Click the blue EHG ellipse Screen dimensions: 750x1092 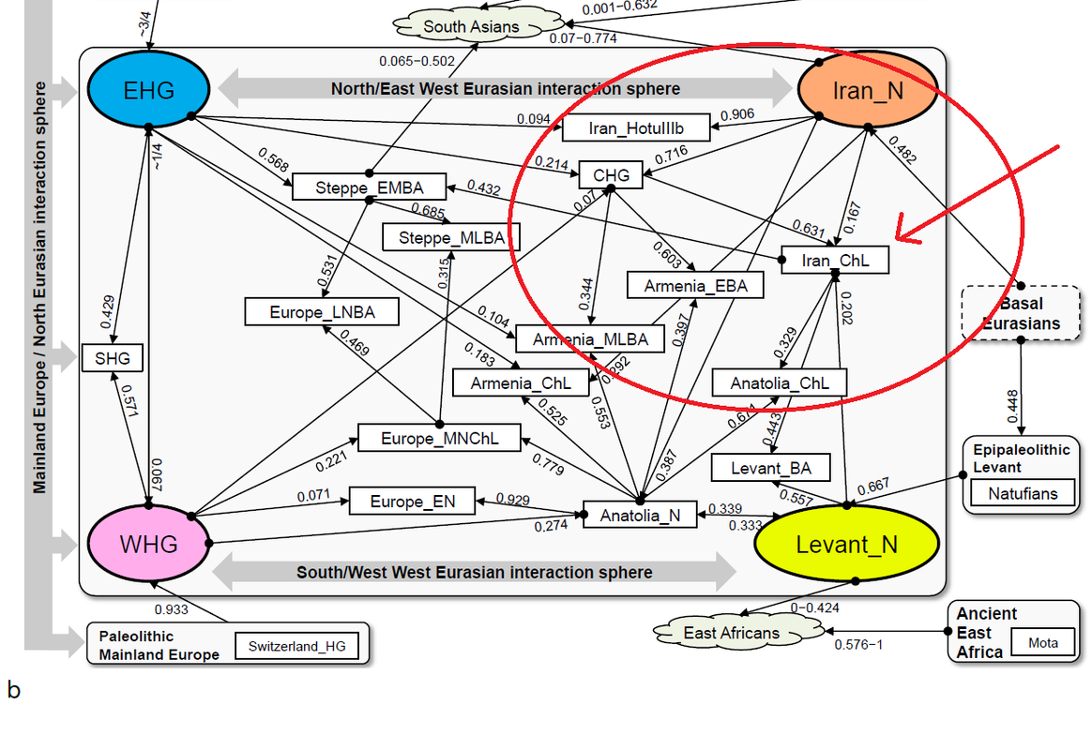tap(148, 90)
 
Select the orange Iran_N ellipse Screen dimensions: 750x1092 tap(868, 91)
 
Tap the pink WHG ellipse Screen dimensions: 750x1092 tap(148, 543)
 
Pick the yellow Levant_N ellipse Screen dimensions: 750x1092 tap(846, 545)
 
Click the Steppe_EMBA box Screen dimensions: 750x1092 tap(369, 187)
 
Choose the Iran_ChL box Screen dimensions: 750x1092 tap(834, 261)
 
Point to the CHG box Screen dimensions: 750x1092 tap(611, 174)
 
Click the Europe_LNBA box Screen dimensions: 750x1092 tap(322, 311)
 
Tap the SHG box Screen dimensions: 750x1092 tap(113, 357)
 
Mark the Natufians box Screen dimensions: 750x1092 tap(1022, 493)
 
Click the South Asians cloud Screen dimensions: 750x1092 tap(471, 26)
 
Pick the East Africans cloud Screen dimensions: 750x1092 tap(732, 633)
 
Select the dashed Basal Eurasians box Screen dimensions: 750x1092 tap(1021, 313)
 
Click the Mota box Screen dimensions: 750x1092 tap(1042, 644)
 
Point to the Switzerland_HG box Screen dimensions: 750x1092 tap(296, 646)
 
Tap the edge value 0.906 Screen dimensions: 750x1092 tap(736, 114)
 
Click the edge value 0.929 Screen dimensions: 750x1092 tap(513, 498)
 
